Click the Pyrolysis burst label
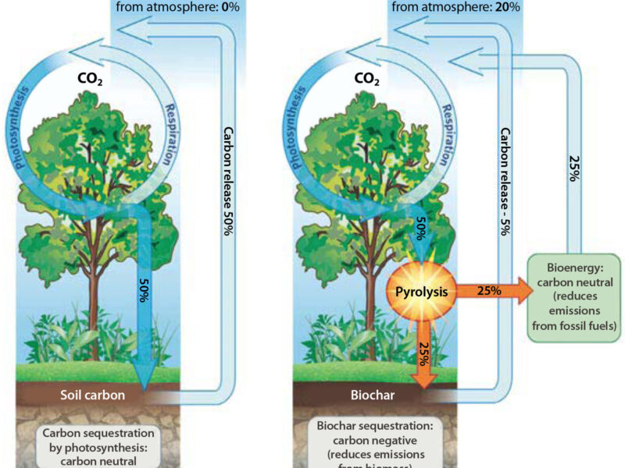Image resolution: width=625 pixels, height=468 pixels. (420, 294)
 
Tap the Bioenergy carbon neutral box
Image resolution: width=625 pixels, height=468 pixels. (574, 296)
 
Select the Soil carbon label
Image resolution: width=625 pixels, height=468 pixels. (92, 395)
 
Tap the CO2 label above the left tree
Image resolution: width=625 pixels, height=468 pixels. (92, 79)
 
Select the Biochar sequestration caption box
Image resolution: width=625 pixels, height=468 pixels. (378, 445)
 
